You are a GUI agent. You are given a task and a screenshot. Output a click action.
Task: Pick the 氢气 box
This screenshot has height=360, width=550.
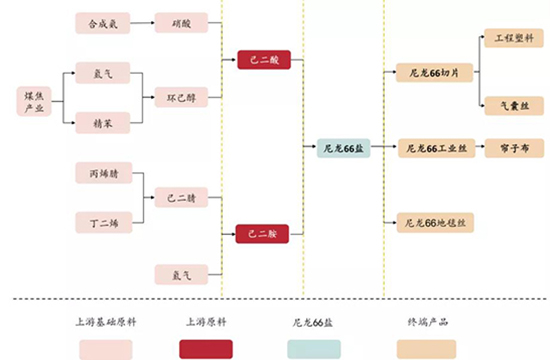(x=103, y=73)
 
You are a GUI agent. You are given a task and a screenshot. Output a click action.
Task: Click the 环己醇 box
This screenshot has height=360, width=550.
(x=181, y=98)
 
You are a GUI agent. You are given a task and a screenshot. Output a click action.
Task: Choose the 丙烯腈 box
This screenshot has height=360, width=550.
(x=103, y=172)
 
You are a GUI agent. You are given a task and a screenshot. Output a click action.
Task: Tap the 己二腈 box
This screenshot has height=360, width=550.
(x=181, y=197)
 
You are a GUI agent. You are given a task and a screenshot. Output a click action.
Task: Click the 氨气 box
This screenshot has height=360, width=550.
(x=181, y=273)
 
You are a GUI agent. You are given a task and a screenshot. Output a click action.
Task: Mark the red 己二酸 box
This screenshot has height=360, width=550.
(x=263, y=60)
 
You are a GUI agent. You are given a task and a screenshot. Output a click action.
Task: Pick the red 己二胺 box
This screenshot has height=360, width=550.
(x=263, y=234)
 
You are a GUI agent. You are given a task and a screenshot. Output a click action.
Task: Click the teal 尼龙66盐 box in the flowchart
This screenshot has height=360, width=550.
(x=343, y=148)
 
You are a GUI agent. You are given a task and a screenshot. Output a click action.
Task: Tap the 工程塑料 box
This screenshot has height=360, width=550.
(x=514, y=40)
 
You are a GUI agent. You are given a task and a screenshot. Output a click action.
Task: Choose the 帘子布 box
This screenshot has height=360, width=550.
(x=514, y=148)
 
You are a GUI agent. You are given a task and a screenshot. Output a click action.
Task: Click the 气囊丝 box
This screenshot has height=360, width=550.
(x=514, y=104)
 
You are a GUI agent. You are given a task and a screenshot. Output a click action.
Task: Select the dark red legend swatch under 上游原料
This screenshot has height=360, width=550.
(x=206, y=348)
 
